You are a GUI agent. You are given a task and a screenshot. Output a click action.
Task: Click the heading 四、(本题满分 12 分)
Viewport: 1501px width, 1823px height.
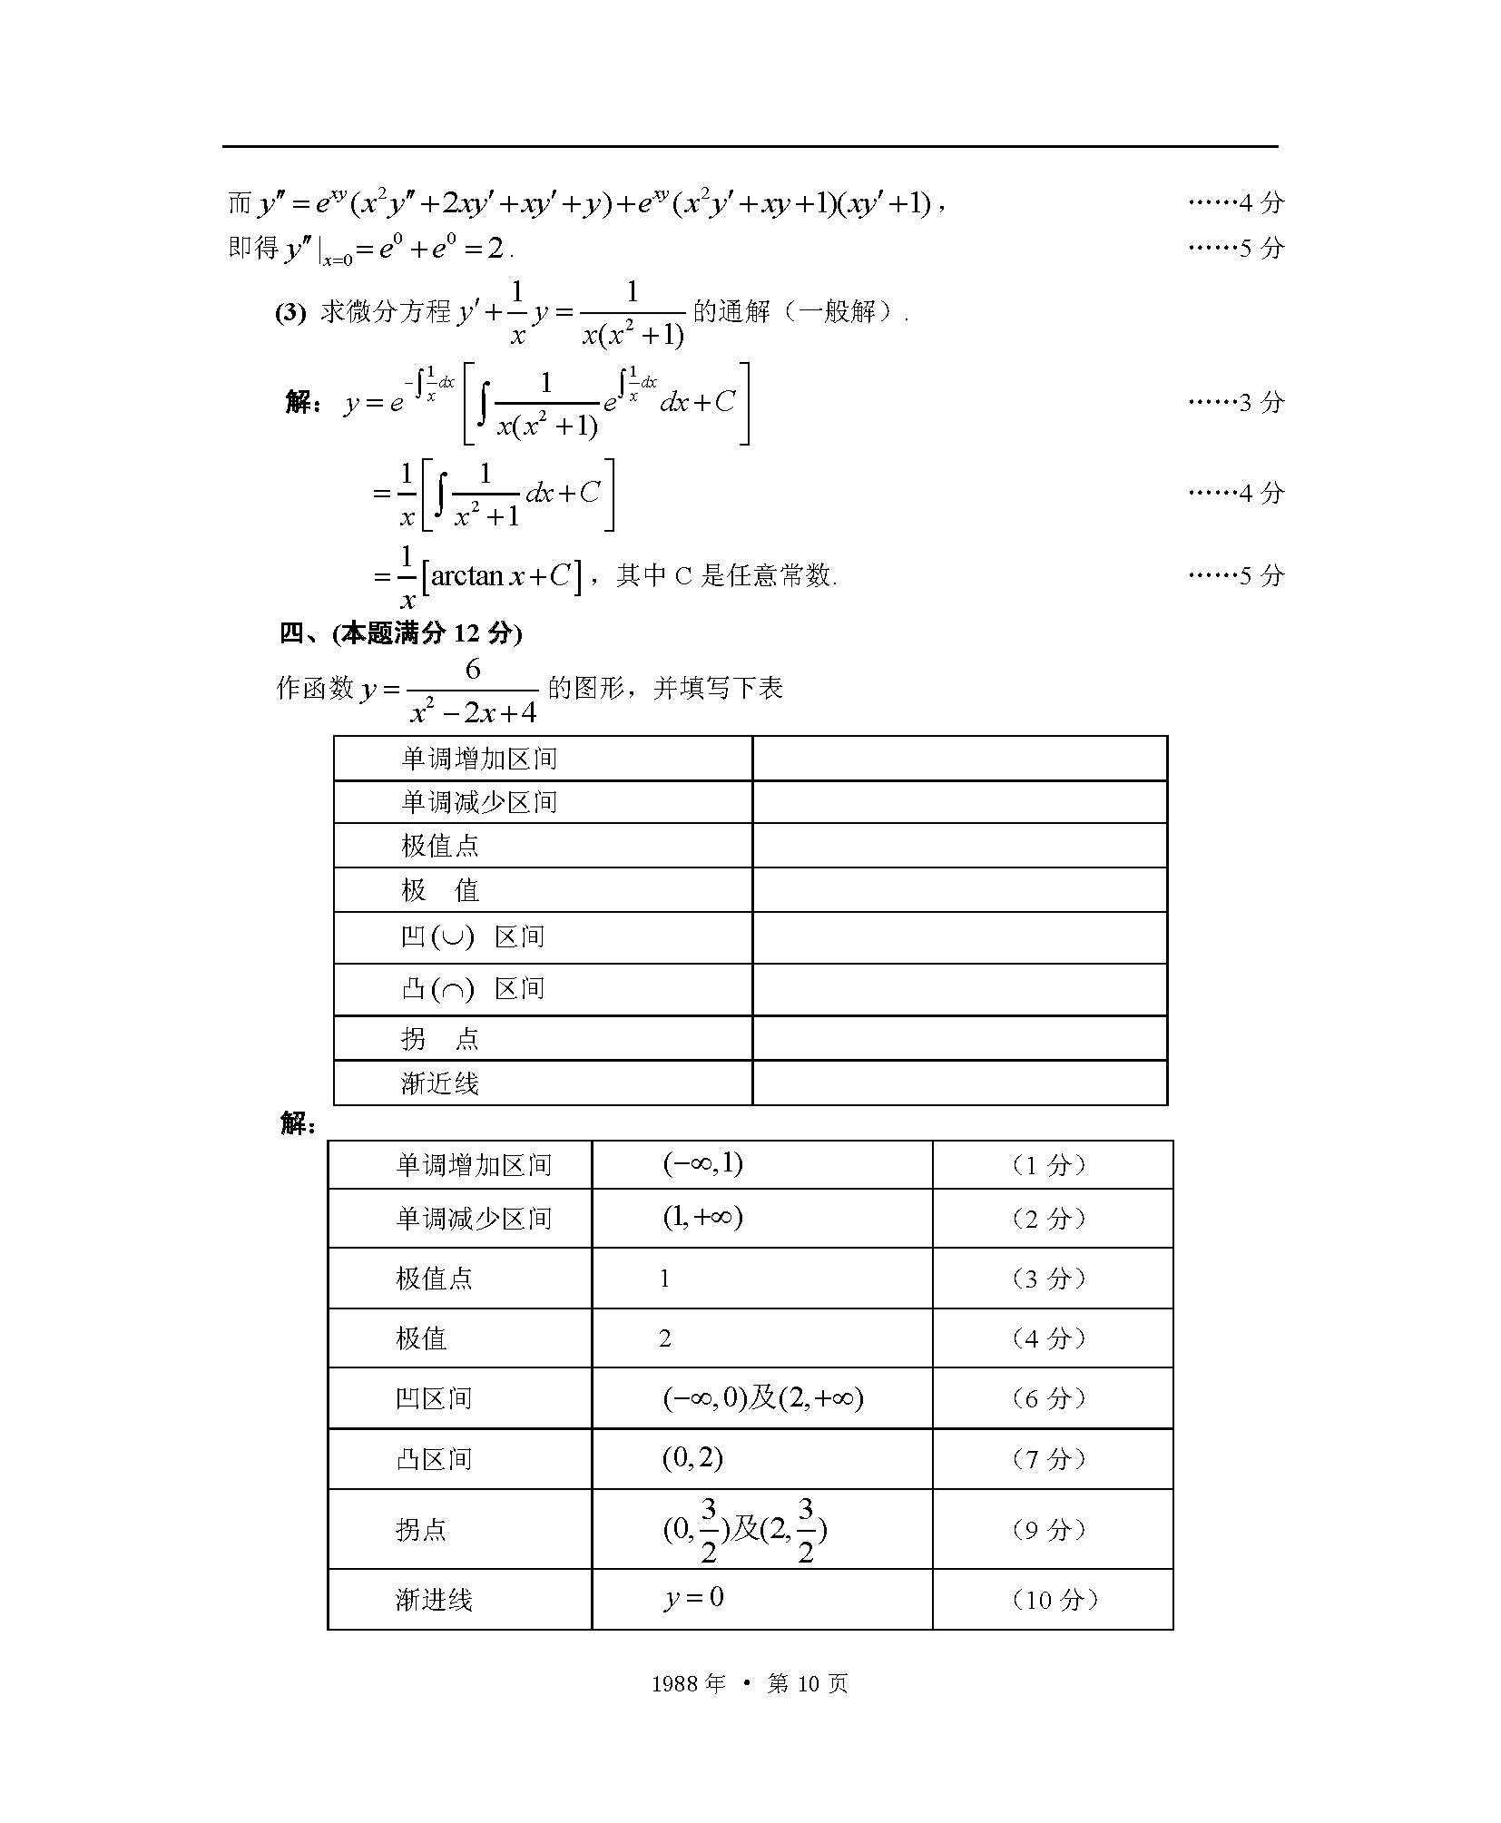click(400, 633)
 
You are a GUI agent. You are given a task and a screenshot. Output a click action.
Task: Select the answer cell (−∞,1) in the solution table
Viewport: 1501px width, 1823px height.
click(702, 1164)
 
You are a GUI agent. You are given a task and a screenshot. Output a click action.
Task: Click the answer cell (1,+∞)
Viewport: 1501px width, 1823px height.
click(702, 1217)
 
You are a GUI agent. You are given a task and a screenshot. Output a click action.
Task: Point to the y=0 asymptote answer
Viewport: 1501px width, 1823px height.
click(694, 1598)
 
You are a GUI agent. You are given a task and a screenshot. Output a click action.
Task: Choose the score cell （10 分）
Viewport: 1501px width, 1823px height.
click(1052, 1599)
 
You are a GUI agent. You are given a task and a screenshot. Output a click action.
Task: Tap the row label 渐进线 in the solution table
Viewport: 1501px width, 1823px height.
click(434, 1599)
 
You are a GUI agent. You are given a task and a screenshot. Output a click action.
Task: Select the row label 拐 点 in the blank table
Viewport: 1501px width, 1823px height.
click(439, 1038)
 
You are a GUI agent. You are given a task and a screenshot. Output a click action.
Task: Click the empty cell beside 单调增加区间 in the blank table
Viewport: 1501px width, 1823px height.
click(959, 758)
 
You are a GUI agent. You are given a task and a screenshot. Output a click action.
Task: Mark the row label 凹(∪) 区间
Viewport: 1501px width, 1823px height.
click(472, 936)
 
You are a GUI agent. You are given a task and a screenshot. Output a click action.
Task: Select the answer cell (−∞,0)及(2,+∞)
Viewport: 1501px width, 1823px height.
click(762, 1398)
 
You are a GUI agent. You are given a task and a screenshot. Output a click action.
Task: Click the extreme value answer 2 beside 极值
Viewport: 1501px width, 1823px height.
click(665, 1338)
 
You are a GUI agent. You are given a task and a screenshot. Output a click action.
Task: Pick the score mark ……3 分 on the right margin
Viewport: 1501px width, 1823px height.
click(1236, 402)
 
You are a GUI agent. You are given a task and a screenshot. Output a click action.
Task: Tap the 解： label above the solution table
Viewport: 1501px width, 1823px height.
click(298, 1124)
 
